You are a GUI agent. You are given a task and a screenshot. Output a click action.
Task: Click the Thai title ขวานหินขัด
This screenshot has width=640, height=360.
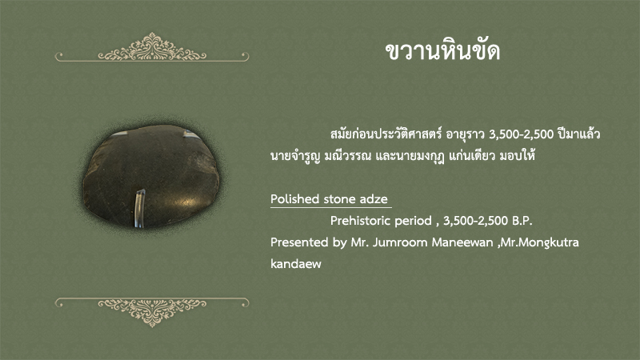click(443, 51)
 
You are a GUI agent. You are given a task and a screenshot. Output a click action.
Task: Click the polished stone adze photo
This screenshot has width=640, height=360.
click(151, 176)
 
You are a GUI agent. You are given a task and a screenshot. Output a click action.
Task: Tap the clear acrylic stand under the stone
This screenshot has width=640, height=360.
click(140, 207)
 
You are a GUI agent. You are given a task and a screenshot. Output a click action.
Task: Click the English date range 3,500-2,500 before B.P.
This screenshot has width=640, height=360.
click(475, 222)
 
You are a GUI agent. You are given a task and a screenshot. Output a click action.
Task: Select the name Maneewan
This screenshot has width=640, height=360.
click(462, 242)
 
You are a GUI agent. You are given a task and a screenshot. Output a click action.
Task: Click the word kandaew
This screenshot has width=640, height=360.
click(296, 264)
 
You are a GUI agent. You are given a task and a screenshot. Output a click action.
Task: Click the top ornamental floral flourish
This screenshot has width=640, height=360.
click(152, 47)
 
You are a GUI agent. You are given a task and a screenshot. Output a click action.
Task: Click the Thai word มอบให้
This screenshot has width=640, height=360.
click(517, 155)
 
